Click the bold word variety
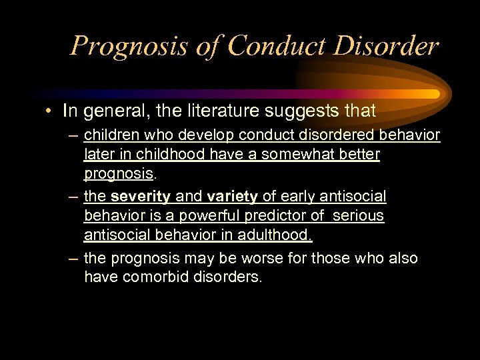tap(232, 197)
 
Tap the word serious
tap(359, 216)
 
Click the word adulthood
tap(275, 235)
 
